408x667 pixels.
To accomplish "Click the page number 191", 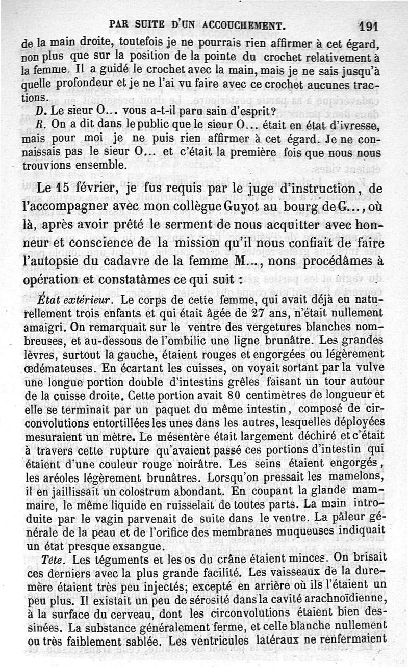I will (x=368, y=25).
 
